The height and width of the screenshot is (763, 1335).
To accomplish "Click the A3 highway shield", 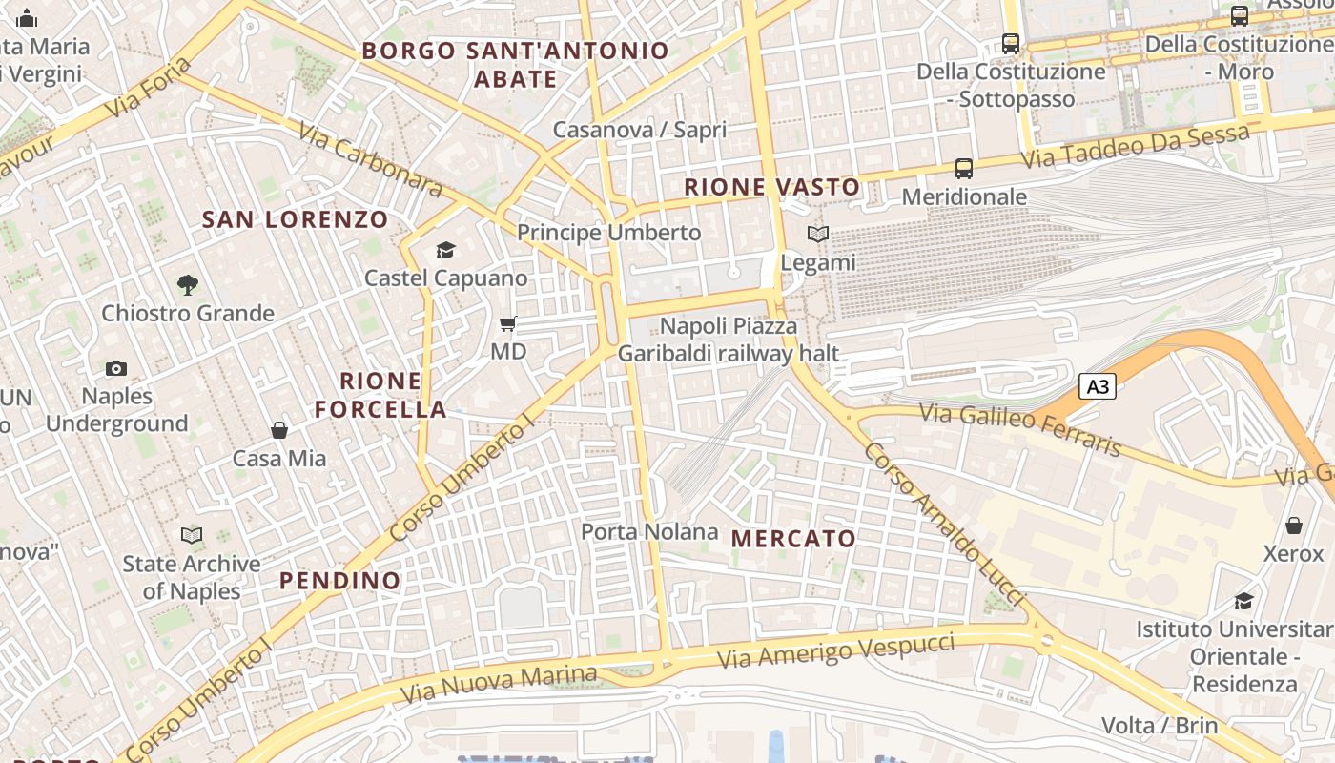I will pos(1098,386).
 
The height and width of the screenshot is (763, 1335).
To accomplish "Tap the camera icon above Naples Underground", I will pos(116,368).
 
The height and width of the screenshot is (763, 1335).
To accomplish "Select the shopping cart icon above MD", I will pos(508,324).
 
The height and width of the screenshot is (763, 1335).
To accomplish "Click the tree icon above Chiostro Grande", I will pos(188,284).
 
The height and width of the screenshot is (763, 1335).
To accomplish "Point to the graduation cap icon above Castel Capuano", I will pos(445,251).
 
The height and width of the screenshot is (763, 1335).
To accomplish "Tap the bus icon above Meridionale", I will pos(964,169).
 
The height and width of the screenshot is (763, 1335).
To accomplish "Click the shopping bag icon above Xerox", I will pos(1294,526).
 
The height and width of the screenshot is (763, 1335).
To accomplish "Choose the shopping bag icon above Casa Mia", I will pos(279,430).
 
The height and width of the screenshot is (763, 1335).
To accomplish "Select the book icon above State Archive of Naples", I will pos(192,536).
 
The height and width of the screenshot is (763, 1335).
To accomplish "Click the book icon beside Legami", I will pos(817,234).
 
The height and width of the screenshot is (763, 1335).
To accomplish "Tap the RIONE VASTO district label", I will pos(772,187).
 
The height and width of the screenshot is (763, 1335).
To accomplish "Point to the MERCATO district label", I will pos(793,539).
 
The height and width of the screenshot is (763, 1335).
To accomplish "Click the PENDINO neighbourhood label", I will pos(340,580).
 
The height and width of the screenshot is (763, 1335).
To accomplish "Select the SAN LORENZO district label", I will pos(296,219).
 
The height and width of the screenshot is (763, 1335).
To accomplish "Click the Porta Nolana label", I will pos(649,531).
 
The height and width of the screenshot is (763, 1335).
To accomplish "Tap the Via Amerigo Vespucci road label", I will pos(835,650).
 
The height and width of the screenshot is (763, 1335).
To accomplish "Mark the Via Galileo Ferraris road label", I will pos(1020,429).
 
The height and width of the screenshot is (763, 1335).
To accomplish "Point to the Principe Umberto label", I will pos(608,233).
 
